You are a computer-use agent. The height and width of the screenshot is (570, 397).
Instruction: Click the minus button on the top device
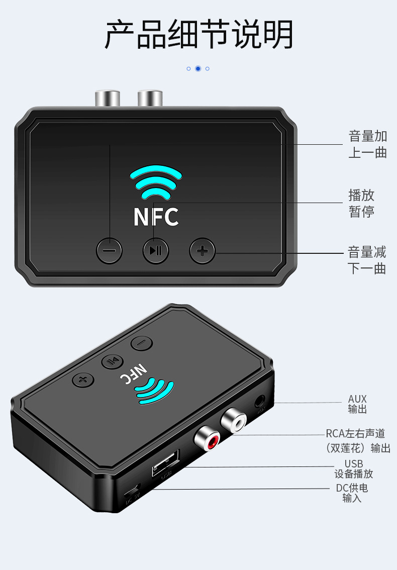coord(110,250)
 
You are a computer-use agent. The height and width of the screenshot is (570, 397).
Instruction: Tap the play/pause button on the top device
coord(156,250)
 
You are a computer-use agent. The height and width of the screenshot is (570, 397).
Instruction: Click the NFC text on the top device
coord(156,217)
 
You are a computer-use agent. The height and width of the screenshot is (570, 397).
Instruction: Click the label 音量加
coord(368,136)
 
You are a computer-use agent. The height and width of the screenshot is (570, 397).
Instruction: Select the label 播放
coord(361,195)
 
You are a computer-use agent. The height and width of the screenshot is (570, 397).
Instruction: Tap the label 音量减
coord(367,252)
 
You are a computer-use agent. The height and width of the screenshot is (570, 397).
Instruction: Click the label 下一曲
coord(367,268)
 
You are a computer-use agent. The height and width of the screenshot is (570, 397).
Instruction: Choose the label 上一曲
coord(368,152)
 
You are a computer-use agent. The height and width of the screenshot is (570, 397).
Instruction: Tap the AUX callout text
coord(357,399)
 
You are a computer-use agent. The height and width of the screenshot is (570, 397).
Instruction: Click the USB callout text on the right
coord(353,463)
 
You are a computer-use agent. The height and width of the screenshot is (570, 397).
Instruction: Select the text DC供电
coord(352,488)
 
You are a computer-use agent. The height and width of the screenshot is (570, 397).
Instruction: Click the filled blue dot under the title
coord(198,68)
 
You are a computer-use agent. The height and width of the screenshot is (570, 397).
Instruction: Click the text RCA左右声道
coord(355,433)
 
